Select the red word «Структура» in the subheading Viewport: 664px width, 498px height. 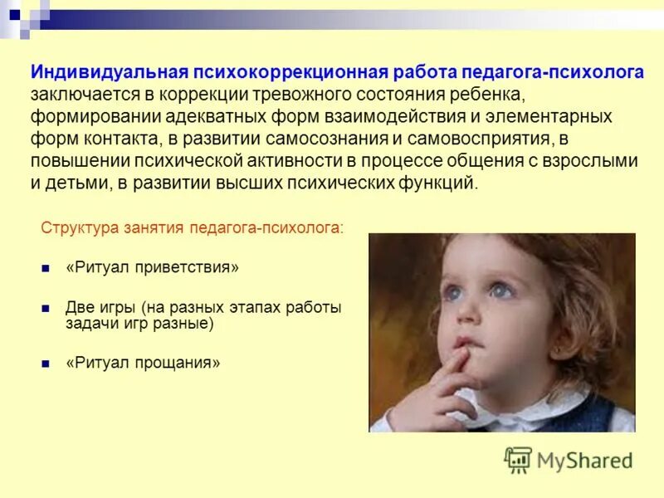coord(76,227)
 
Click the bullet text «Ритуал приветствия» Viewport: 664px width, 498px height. coord(152,268)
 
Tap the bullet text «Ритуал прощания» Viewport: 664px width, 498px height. coord(143,363)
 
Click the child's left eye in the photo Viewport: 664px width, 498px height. coord(500,290)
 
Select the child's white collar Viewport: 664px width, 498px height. coord(531,407)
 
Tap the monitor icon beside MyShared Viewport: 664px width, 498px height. coord(519,459)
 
